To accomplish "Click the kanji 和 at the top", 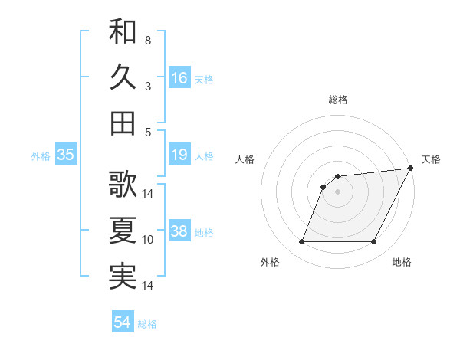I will click(x=123, y=31).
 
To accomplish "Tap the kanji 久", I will click(x=123, y=77).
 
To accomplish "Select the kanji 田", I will click(x=123, y=122).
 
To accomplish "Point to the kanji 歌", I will click(x=123, y=184).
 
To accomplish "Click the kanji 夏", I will click(x=123, y=230).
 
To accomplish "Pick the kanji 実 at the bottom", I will click(x=123, y=276).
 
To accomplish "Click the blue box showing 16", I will click(x=179, y=78).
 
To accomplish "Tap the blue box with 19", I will click(x=179, y=155).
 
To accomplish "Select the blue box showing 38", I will click(x=179, y=232).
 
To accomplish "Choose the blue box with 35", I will click(x=65, y=155).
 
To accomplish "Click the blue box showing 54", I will click(x=123, y=322).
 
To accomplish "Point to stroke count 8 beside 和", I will click(x=147, y=40).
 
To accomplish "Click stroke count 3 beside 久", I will click(x=147, y=86).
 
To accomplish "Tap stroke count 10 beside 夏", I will click(x=148, y=240).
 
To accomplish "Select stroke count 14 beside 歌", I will click(x=148, y=193).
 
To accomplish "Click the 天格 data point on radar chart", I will click(x=412, y=169).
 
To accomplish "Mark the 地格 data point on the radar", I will click(x=374, y=242).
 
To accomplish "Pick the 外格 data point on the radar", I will click(x=301, y=242).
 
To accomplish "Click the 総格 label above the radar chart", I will click(x=338, y=100).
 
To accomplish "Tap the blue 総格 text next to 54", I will click(x=148, y=323).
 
